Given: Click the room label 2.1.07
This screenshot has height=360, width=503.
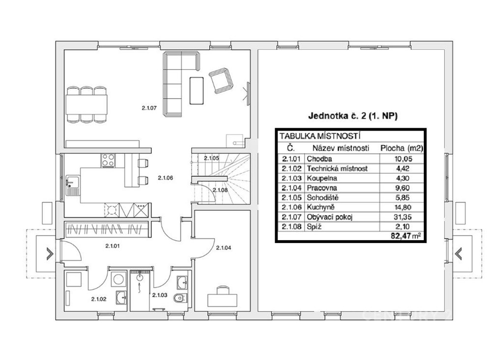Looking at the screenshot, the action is pos(149,108).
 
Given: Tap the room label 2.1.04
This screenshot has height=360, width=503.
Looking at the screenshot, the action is pos(224,248).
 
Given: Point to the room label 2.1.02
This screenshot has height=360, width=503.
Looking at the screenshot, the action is pos(98,299).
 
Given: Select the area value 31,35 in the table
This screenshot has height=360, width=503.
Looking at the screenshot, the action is pos(403,217).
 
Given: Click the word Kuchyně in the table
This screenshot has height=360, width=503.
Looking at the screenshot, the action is pos(318,207).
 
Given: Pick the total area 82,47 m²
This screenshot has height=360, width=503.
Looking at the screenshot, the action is pos(405,236).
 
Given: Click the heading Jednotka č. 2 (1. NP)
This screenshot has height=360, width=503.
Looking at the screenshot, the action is pos(353,116).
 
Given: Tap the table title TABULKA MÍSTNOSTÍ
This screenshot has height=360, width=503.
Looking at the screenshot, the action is pos(320,136).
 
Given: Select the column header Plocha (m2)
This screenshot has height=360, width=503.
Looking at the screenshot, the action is pos(402,148).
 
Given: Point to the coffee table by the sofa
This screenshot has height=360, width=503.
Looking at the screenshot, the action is pos(196,90).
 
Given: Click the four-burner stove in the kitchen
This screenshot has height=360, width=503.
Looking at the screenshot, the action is pos(108,161).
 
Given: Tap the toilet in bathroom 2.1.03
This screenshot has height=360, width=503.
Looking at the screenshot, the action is pos(179,299).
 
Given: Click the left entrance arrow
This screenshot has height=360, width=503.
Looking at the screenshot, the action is pos(50,254).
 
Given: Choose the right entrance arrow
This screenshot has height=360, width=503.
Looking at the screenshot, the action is pos(458,254).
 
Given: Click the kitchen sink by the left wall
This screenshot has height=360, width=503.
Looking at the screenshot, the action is pos(70,185).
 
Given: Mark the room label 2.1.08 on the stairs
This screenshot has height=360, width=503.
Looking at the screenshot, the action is pos(220,190).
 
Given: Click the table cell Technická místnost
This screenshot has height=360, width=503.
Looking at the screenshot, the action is pos(337,168).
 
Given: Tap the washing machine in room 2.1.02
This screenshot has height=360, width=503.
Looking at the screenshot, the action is pos(118,279).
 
